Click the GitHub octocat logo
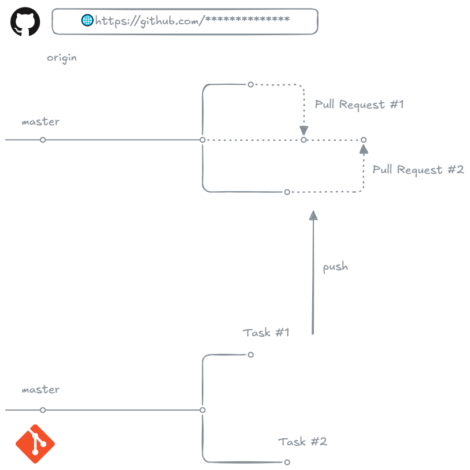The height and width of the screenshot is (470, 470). [25, 22]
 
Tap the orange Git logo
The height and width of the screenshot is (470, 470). [35, 443]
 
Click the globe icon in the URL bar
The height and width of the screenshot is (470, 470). [87, 21]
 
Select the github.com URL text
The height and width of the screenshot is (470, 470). [192, 21]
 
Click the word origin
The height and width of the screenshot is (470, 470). [62, 58]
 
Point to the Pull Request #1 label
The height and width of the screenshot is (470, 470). [359, 105]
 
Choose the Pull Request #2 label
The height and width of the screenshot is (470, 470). [418, 170]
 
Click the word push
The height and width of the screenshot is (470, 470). [335, 267]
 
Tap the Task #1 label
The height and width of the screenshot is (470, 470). [266, 333]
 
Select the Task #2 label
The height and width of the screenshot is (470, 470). [302, 442]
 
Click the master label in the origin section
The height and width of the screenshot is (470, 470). [40, 122]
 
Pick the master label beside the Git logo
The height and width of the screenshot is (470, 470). [40, 390]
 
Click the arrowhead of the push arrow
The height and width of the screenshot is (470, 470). [313, 215]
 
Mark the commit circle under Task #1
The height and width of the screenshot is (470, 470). [250, 355]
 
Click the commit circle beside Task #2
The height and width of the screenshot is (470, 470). [287, 462]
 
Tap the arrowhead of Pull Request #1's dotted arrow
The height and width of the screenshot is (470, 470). [304, 130]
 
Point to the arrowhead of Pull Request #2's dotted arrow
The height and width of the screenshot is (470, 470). [364, 150]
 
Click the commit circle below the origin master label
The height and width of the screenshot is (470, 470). [43, 140]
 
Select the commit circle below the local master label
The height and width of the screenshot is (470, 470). [43, 410]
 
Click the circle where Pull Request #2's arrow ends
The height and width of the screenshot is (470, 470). [364, 140]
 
